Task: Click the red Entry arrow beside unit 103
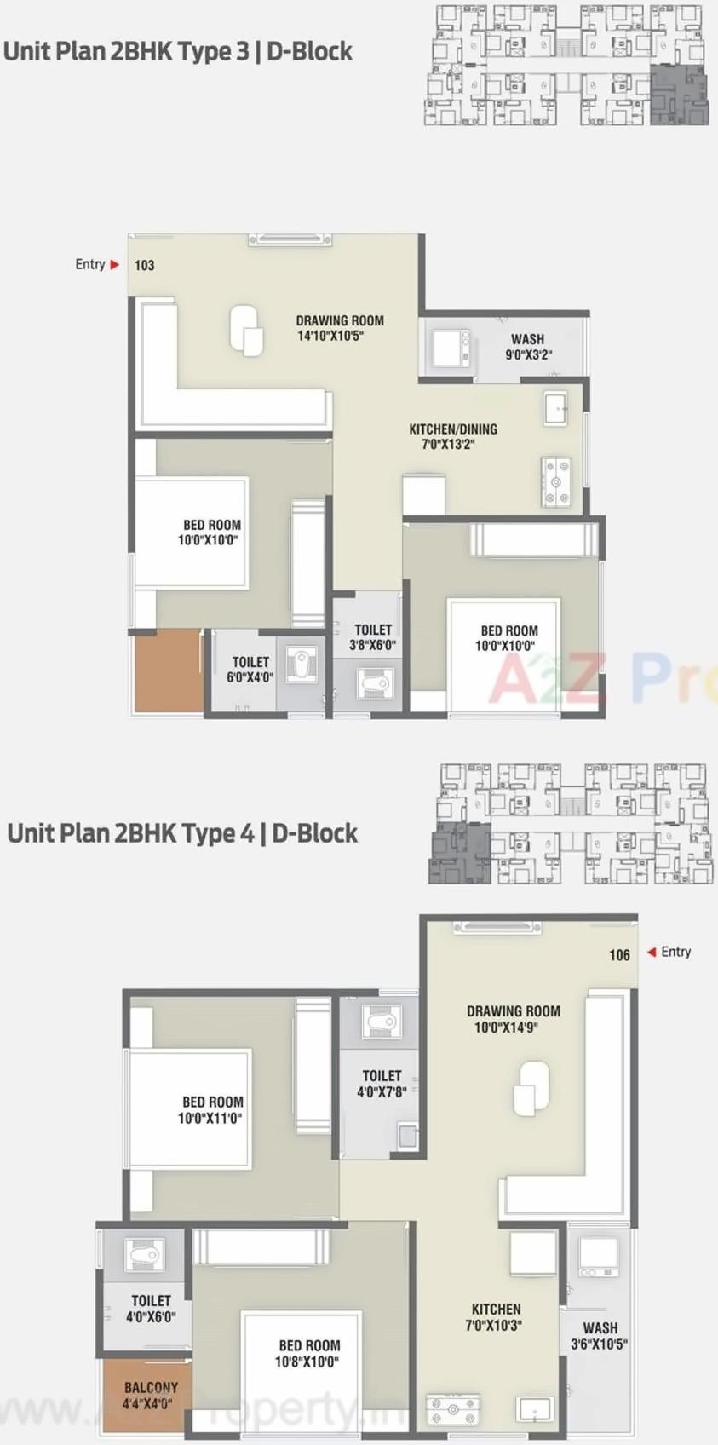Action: (x=115, y=265)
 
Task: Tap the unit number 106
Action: (x=619, y=955)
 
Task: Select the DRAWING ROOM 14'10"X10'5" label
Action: (x=340, y=328)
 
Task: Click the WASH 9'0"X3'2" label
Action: (x=528, y=347)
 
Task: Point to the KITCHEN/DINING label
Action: (x=452, y=436)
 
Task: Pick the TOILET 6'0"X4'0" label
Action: (x=250, y=670)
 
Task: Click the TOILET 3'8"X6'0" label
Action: (x=373, y=637)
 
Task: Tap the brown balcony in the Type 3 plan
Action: (x=168, y=671)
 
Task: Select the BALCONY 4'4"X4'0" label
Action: (x=151, y=1396)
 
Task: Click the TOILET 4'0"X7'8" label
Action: (x=382, y=1084)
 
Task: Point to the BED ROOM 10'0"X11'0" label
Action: (x=212, y=1110)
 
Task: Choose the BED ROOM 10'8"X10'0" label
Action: (x=308, y=1354)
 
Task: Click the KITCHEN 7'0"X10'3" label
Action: (x=496, y=1317)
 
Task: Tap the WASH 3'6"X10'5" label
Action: (x=600, y=1336)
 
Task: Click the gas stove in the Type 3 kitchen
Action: (x=556, y=481)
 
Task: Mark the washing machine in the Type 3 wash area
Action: (x=450, y=347)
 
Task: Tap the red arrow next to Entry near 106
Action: (x=652, y=952)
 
